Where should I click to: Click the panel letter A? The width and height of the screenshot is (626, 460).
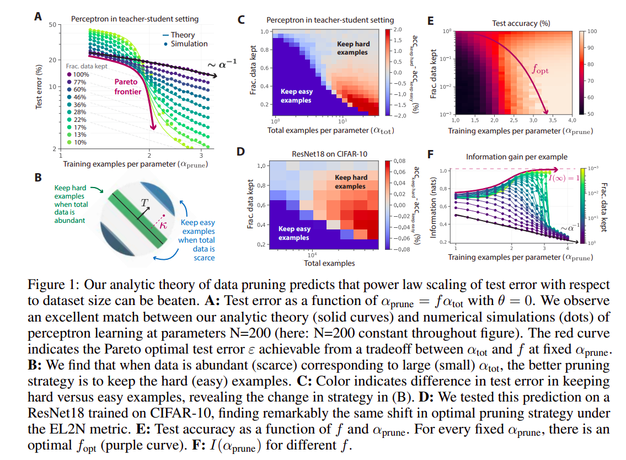pos(38,17)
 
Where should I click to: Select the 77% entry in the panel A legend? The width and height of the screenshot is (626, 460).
pos(77,82)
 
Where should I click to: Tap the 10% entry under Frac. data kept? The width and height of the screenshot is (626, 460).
pos(77,142)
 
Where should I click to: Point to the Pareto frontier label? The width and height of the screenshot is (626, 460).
pos(129,87)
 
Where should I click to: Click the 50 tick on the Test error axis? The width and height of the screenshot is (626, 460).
pos(53,25)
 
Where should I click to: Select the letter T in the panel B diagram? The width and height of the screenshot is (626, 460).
pos(144,202)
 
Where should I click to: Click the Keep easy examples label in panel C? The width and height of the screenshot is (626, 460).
pos(297,96)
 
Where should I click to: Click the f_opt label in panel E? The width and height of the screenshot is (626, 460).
pos(541,70)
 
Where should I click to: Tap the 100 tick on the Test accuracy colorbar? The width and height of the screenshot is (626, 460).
pos(592,32)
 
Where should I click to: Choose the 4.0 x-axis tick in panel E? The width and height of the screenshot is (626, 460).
pos(571,119)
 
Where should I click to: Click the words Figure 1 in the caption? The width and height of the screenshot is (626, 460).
pos(47,285)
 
